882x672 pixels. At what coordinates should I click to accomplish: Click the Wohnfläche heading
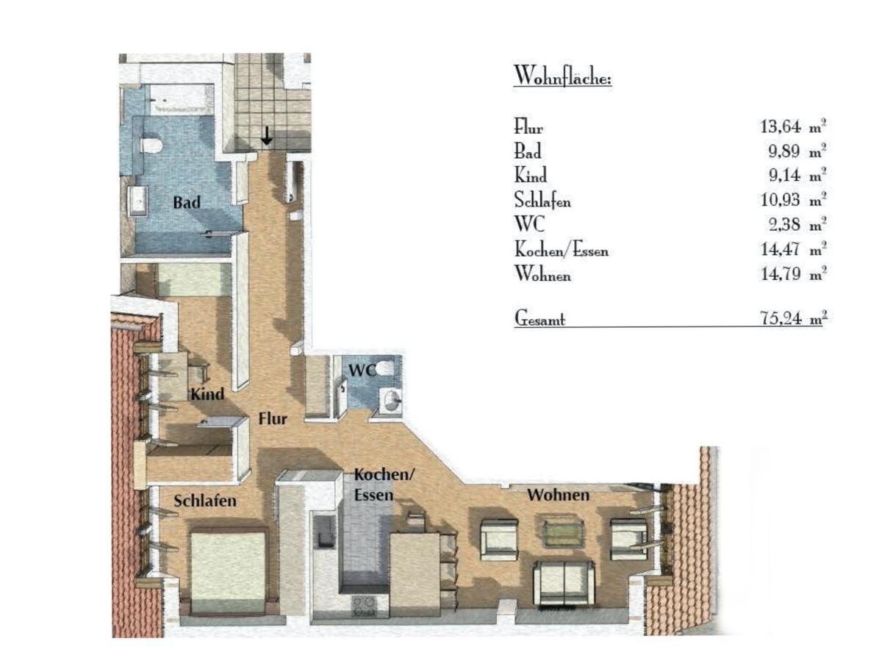562,76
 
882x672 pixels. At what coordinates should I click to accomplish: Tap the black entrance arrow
266,137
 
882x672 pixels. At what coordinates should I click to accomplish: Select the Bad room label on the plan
187,202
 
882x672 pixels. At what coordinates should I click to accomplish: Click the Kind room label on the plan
207,394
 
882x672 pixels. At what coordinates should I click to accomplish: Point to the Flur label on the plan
273,419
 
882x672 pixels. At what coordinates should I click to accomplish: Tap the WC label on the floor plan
362,370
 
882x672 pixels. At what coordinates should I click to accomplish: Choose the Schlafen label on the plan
204,501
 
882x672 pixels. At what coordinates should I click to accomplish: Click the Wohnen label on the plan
558,495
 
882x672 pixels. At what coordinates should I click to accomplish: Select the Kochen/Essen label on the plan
384,485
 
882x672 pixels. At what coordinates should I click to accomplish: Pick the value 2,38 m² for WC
797,224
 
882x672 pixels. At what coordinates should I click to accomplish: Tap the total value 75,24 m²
793,318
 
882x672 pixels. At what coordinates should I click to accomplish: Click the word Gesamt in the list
539,318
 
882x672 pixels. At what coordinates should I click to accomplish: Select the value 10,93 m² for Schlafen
793,200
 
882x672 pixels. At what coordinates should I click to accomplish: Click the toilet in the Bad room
151,145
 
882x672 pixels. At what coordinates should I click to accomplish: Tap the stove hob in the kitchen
364,605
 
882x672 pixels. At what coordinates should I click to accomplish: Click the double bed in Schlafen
229,572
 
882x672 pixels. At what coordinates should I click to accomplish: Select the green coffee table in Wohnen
562,533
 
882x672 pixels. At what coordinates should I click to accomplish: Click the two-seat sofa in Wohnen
563,583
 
